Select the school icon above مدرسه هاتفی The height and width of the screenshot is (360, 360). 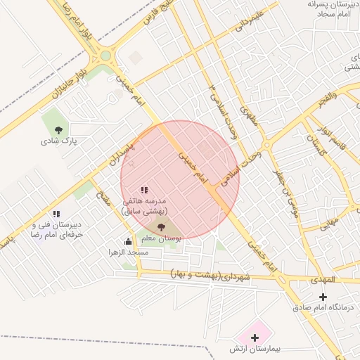(144, 190)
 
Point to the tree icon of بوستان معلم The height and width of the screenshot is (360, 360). (161, 227)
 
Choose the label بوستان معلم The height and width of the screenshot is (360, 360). (161, 239)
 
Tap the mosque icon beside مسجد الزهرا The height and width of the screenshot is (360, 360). (128, 241)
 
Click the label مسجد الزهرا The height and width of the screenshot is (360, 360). (128, 252)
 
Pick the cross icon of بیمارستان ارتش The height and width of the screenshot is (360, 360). (255, 338)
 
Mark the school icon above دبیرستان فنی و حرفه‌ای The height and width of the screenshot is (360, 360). (56, 214)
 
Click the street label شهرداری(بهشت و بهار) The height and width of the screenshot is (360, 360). (211, 276)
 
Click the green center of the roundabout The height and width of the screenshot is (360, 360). (106, 56)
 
